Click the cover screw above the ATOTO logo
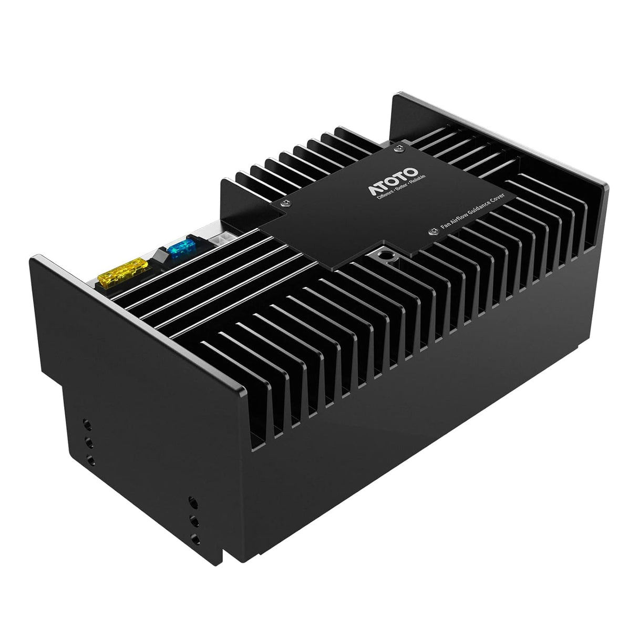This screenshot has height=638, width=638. pyautogui.click(x=399, y=149)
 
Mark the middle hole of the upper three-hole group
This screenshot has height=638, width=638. pyautogui.click(x=89, y=441)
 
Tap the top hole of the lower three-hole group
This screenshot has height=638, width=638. pyautogui.click(x=193, y=501)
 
